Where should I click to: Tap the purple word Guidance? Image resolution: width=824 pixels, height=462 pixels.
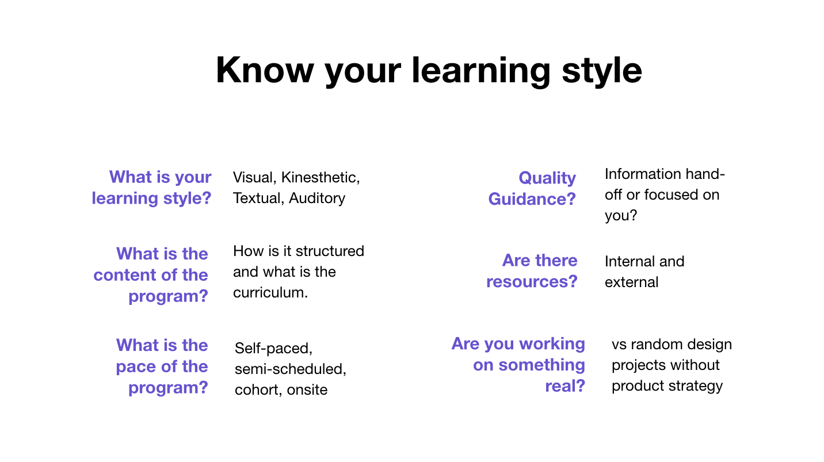532,199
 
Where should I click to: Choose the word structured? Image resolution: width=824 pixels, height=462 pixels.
330,251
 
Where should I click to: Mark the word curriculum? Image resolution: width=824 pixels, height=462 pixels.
270,293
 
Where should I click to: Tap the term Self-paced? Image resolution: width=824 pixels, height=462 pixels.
274,349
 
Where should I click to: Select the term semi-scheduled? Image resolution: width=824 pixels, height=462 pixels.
291,369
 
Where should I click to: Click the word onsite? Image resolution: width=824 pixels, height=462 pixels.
307,390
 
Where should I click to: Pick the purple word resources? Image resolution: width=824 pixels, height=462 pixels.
532,282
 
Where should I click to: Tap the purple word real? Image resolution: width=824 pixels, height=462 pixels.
565,386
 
